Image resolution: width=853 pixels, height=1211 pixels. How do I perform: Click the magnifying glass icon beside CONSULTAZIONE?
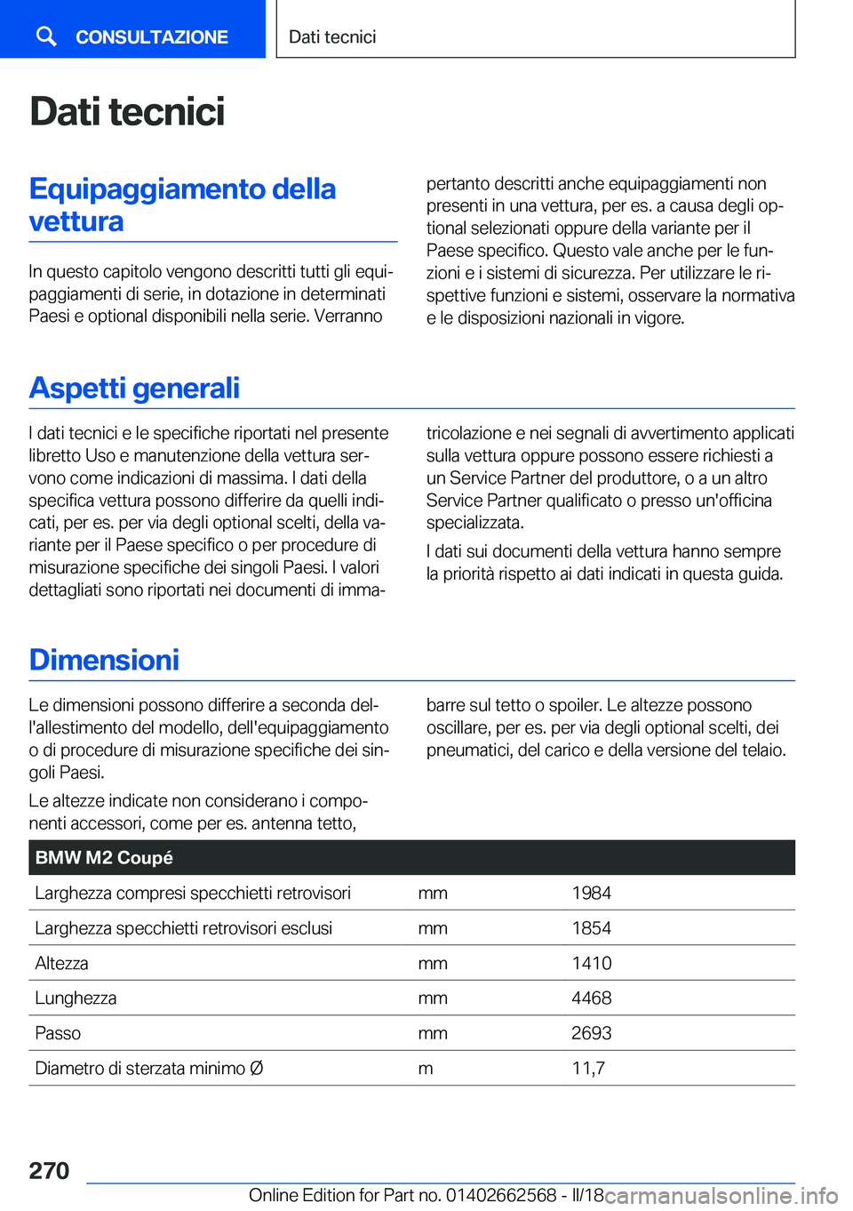click(x=46, y=36)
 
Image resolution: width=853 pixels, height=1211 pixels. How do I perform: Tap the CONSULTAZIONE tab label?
click(x=151, y=37)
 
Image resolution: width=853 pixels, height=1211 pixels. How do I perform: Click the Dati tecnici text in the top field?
click(x=332, y=37)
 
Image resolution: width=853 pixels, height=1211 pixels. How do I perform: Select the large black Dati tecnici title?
click(x=127, y=112)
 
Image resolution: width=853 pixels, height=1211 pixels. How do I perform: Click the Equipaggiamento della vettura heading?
click(x=182, y=205)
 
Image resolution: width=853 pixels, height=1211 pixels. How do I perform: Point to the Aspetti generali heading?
click(x=134, y=388)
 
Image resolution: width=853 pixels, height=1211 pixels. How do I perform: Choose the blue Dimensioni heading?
click(x=104, y=660)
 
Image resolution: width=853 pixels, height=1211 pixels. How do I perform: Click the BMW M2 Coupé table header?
click(x=104, y=858)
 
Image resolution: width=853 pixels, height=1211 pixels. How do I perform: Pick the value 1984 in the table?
click(x=591, y=893)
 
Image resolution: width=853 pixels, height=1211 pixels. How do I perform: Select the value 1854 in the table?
click(x=591, y=928)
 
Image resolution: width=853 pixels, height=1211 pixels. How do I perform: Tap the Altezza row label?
click(x=61, y=963)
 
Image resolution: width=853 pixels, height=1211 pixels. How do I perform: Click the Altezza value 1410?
click(x=591, y=963)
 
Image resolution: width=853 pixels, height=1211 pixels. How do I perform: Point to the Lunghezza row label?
click(x=76, y=998)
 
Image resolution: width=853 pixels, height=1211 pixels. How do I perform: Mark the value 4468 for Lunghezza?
click(x=591, y=998)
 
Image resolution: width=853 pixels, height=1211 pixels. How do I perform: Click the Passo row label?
click(x=58, y=1033)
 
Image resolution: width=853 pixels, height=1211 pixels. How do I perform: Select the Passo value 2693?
click(x=591, y=1033)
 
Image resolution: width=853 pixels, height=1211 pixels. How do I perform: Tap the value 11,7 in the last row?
click(x=587, y=1068)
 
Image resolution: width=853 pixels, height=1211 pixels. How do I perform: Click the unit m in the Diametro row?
click(x=426, y=1068)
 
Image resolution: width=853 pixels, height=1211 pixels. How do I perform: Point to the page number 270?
click(x=49, y=1170)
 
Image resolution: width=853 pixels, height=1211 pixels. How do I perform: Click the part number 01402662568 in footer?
click(x=501, y=1195)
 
